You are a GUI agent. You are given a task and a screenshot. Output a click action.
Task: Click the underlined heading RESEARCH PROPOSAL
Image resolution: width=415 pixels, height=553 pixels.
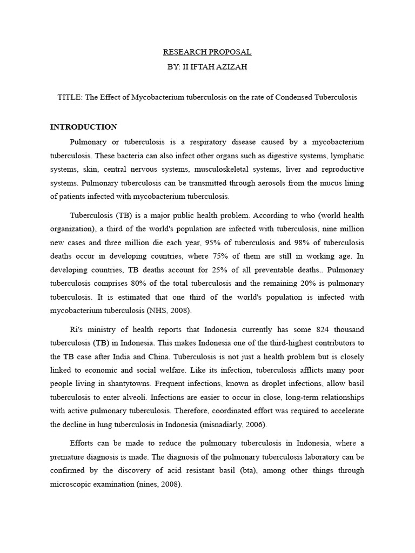pyautogui.click(x=207, y=52)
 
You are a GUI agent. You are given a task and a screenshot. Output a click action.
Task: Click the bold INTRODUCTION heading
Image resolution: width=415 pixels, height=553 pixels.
pyautogui.click(x=84, y=127)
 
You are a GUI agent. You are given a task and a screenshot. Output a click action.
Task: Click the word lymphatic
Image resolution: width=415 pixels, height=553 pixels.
pyautogui.click(x=345, y=155)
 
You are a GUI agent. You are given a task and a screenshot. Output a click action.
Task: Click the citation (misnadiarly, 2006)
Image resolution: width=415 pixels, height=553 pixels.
pyautogui.click(x=224, y=425)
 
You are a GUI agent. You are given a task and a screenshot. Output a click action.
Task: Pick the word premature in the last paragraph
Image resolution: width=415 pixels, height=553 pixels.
pyautogui.click(x=69, y=457)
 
